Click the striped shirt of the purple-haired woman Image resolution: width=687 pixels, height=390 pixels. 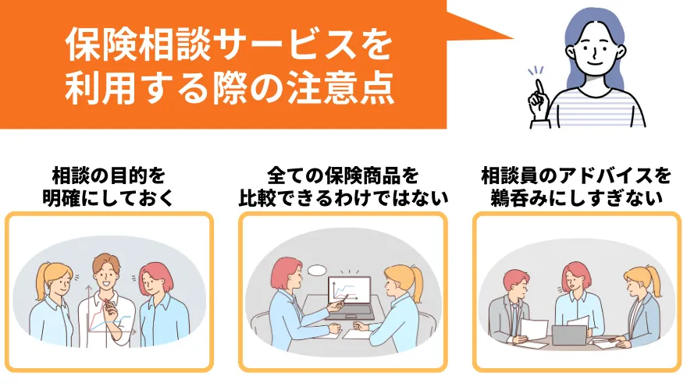point(596,108)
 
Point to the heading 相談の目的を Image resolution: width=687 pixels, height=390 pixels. point(109,176)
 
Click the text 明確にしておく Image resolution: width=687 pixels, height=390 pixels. point(109,198)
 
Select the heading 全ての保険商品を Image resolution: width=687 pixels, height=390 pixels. point(343,176)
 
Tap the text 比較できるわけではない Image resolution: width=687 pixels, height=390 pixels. point(343,198)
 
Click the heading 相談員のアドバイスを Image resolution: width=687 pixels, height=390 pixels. point(576,176)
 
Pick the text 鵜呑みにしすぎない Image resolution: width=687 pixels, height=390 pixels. point(576,198)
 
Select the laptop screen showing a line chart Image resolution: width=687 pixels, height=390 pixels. point(349,292)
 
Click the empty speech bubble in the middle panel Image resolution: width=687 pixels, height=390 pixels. point(317,270)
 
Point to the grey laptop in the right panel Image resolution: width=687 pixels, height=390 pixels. point(568,335)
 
